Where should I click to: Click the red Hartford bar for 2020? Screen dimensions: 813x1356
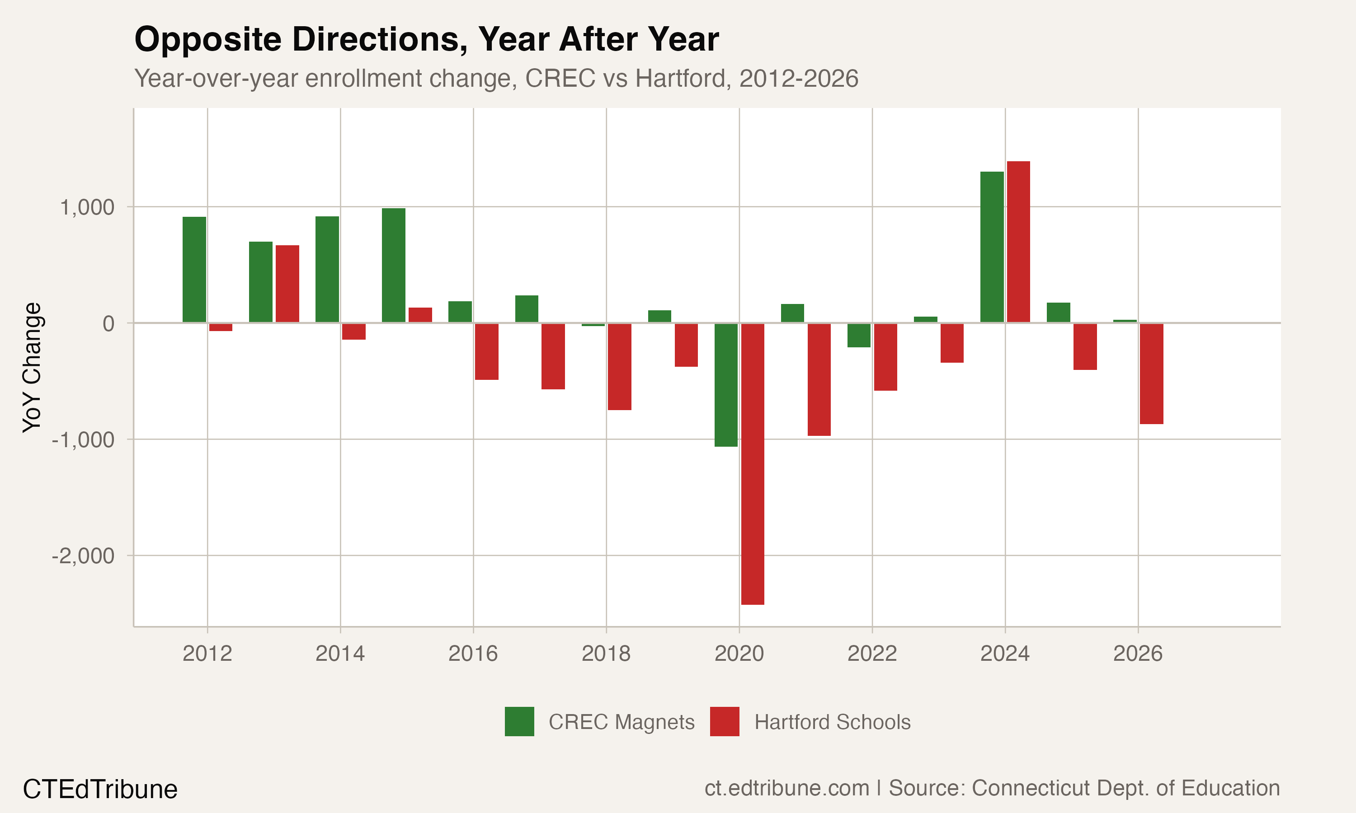[753, 463]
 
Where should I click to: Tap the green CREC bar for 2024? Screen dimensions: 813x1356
[992, 247]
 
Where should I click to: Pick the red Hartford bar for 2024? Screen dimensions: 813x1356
[1018, 242]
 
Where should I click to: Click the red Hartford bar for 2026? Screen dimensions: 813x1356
[1152, 373]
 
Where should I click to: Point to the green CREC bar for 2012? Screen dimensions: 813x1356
[194, 270]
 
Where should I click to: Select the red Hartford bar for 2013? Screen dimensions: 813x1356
[287, 284]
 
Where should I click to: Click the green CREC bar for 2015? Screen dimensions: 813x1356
[394, 265]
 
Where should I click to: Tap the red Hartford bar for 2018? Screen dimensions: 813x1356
[619, 366]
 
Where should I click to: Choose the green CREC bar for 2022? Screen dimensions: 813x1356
[859, 335]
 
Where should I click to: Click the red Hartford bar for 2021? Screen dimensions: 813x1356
[819, 379]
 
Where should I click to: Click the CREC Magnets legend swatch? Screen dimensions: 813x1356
[519, 721]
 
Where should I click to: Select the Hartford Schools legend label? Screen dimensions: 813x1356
[832, 722]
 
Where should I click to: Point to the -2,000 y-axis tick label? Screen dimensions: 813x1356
[83, 556]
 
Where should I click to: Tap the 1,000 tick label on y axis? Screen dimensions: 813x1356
[87, 208]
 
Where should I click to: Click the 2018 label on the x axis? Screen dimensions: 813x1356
[606, 654]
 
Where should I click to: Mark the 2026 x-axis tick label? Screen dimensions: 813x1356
[1137, 654]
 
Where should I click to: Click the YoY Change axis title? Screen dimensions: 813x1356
[32, 367]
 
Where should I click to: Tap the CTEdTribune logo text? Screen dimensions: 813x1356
[100, 790]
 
